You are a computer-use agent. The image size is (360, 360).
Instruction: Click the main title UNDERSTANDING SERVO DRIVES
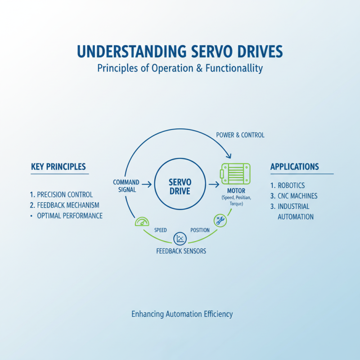[x=180, y=52]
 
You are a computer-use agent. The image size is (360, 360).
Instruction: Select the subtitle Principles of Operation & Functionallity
[x=180, y=69]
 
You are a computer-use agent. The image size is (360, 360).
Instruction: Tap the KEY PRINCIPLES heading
[x=58, y=166]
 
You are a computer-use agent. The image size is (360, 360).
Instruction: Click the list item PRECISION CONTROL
[x=62, y=195]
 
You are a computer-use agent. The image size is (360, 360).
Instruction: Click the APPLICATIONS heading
[x=295, y=166]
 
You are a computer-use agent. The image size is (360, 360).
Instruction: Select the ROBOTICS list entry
[x=288, y=185]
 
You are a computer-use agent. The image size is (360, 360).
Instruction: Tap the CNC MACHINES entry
[x=294, y=196]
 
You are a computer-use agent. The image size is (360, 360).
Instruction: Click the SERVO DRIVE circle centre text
[x=180, y=186]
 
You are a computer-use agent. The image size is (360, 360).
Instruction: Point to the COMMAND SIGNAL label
[x=126, y=186]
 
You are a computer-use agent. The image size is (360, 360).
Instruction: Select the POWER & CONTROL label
[x=240, y=135]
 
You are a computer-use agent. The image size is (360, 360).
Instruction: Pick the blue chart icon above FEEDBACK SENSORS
[x=180, y=238]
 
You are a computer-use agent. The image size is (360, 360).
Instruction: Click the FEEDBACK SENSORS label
[x=181, y=251]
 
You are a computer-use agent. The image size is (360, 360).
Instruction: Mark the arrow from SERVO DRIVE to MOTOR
[x=213, y=184]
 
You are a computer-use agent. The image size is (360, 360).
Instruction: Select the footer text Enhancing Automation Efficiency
[x=182, y=314]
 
